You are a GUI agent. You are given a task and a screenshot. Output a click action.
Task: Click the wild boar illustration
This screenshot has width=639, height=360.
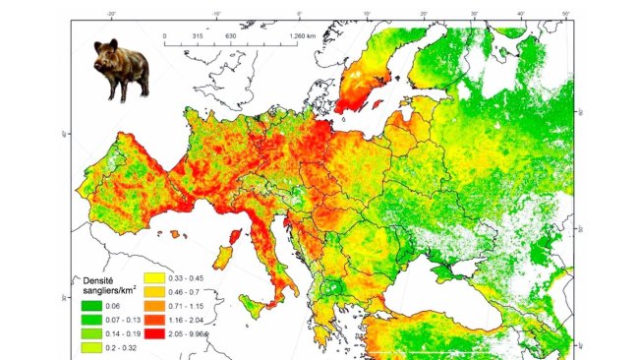(121, 70)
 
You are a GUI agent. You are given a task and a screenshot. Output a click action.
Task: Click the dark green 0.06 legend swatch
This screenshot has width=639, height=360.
(91, 307)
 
